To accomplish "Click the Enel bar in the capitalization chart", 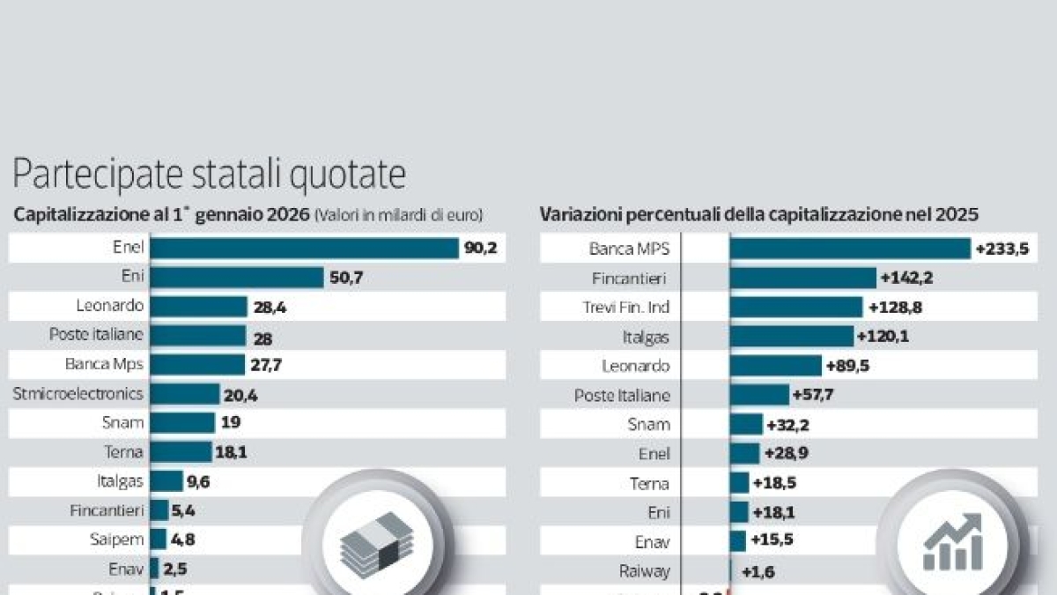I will coord(304,248).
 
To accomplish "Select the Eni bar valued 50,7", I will coord(237,278).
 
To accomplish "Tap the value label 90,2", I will coord(481,249).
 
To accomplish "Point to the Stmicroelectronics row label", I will coord(78,393).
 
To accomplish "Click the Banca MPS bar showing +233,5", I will coord(850,249).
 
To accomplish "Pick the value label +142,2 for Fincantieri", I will coord(907,278).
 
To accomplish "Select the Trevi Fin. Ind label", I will coord(626,307).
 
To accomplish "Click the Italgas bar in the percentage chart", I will coord(792,336).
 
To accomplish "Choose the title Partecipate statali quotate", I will coord(209,175).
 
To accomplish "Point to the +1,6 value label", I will coord(758,570).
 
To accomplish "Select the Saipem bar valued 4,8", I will coord(159,539).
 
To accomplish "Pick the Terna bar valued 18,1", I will coord(181,452).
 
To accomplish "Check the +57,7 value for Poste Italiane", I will coord(813,394).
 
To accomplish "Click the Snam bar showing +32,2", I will coord(747,424).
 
